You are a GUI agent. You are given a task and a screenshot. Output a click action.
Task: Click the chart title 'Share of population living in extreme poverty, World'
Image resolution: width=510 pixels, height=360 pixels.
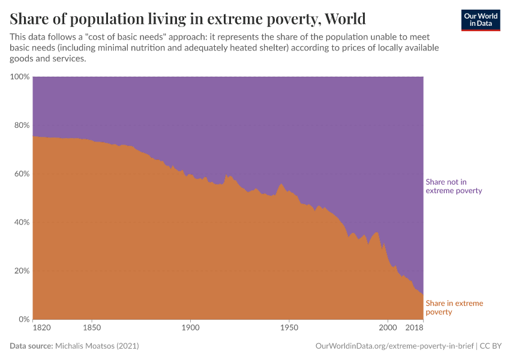187,18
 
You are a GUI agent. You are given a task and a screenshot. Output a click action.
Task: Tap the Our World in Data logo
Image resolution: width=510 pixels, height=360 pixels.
480,20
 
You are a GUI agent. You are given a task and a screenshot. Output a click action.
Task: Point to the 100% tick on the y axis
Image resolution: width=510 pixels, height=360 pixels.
20,77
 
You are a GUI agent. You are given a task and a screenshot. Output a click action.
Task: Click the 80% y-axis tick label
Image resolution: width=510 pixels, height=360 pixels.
22,125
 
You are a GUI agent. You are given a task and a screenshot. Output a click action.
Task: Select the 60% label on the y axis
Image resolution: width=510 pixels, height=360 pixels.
22,174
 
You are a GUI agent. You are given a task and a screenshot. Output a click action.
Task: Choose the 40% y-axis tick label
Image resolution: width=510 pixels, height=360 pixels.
22,223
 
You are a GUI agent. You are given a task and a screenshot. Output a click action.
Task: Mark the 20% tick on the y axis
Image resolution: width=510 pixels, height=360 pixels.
22,271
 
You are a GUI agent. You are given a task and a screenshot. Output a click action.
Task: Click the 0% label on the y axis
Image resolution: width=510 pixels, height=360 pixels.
24,319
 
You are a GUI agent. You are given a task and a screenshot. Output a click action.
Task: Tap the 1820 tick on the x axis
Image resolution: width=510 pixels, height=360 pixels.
42,328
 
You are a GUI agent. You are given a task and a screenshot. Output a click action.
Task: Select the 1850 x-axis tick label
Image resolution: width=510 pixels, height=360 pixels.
92,328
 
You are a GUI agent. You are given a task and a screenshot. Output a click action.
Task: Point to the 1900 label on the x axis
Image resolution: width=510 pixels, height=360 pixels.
190,328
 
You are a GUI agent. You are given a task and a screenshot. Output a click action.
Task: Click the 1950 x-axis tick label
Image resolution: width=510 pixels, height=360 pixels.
289,328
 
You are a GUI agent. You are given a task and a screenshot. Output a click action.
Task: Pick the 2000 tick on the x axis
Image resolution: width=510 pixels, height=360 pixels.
388,328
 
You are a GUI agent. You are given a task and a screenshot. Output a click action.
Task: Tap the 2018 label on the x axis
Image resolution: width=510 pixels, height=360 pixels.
415,328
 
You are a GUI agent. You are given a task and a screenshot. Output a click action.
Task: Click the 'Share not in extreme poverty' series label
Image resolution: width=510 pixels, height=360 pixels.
454,186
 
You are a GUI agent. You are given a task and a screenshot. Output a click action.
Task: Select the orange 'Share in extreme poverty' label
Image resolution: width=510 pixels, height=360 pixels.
454,307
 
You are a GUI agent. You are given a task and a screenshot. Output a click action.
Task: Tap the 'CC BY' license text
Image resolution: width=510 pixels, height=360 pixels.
492,346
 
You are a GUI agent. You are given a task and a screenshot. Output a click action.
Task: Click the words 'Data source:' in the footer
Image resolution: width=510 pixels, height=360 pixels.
31,346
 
